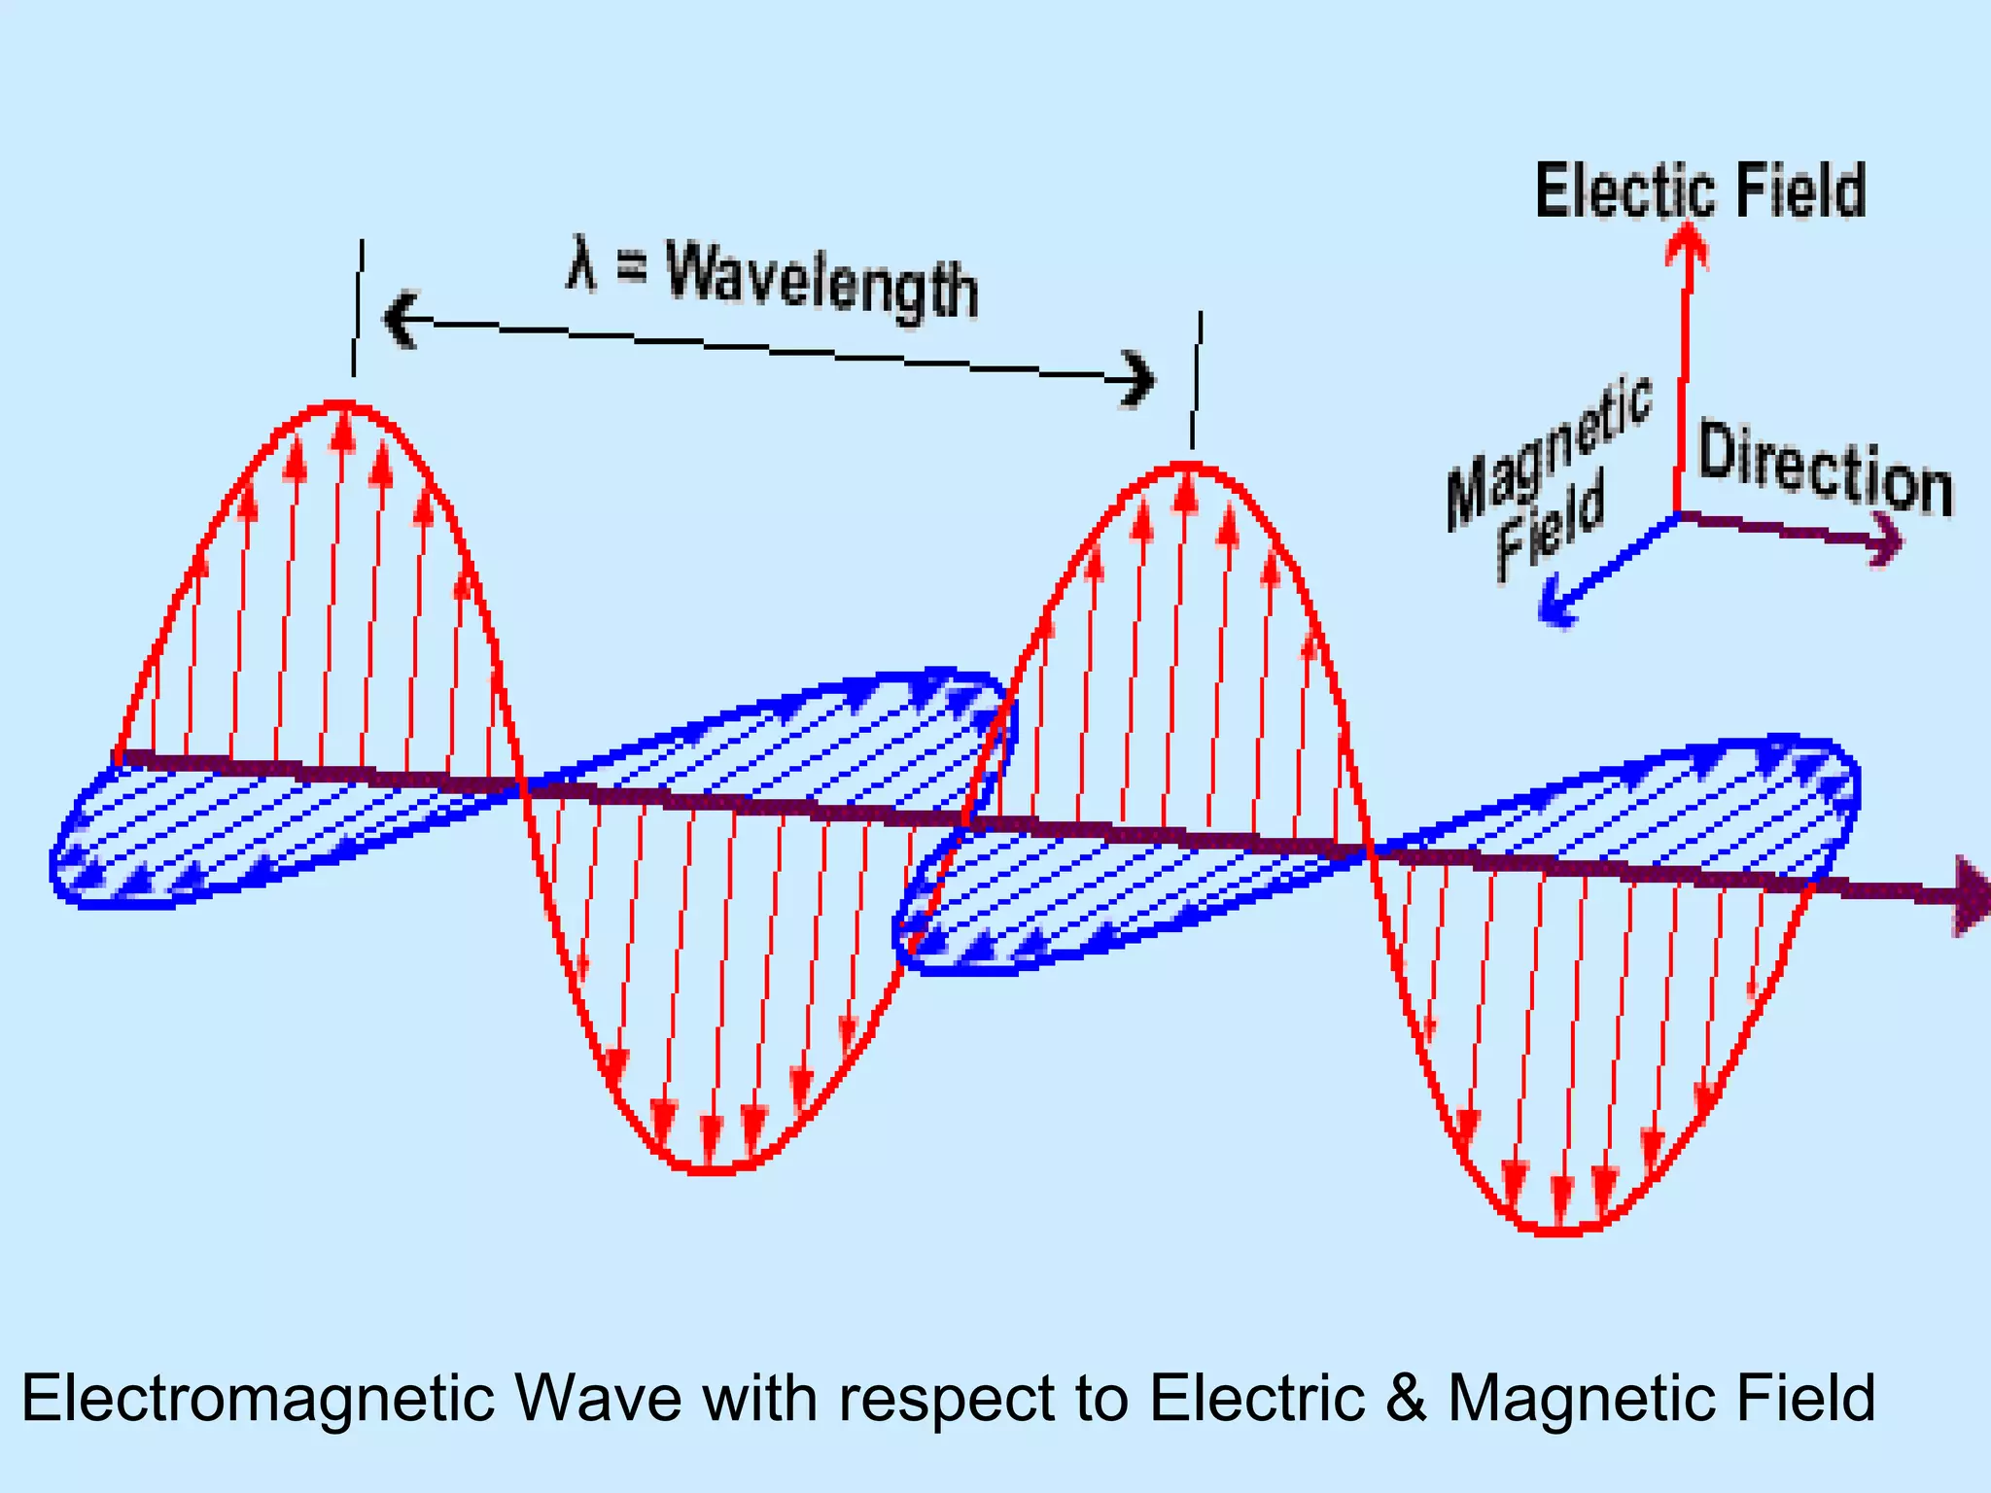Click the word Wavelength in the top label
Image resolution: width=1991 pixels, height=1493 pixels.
tap(821, 282)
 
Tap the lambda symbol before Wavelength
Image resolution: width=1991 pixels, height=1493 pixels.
tap(580, 263)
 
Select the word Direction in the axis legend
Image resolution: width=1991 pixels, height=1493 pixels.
tap(1825, 469)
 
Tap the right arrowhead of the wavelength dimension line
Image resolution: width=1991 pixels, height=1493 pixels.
tap(1137, 378)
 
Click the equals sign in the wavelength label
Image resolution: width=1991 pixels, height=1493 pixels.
tap(632, 267)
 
